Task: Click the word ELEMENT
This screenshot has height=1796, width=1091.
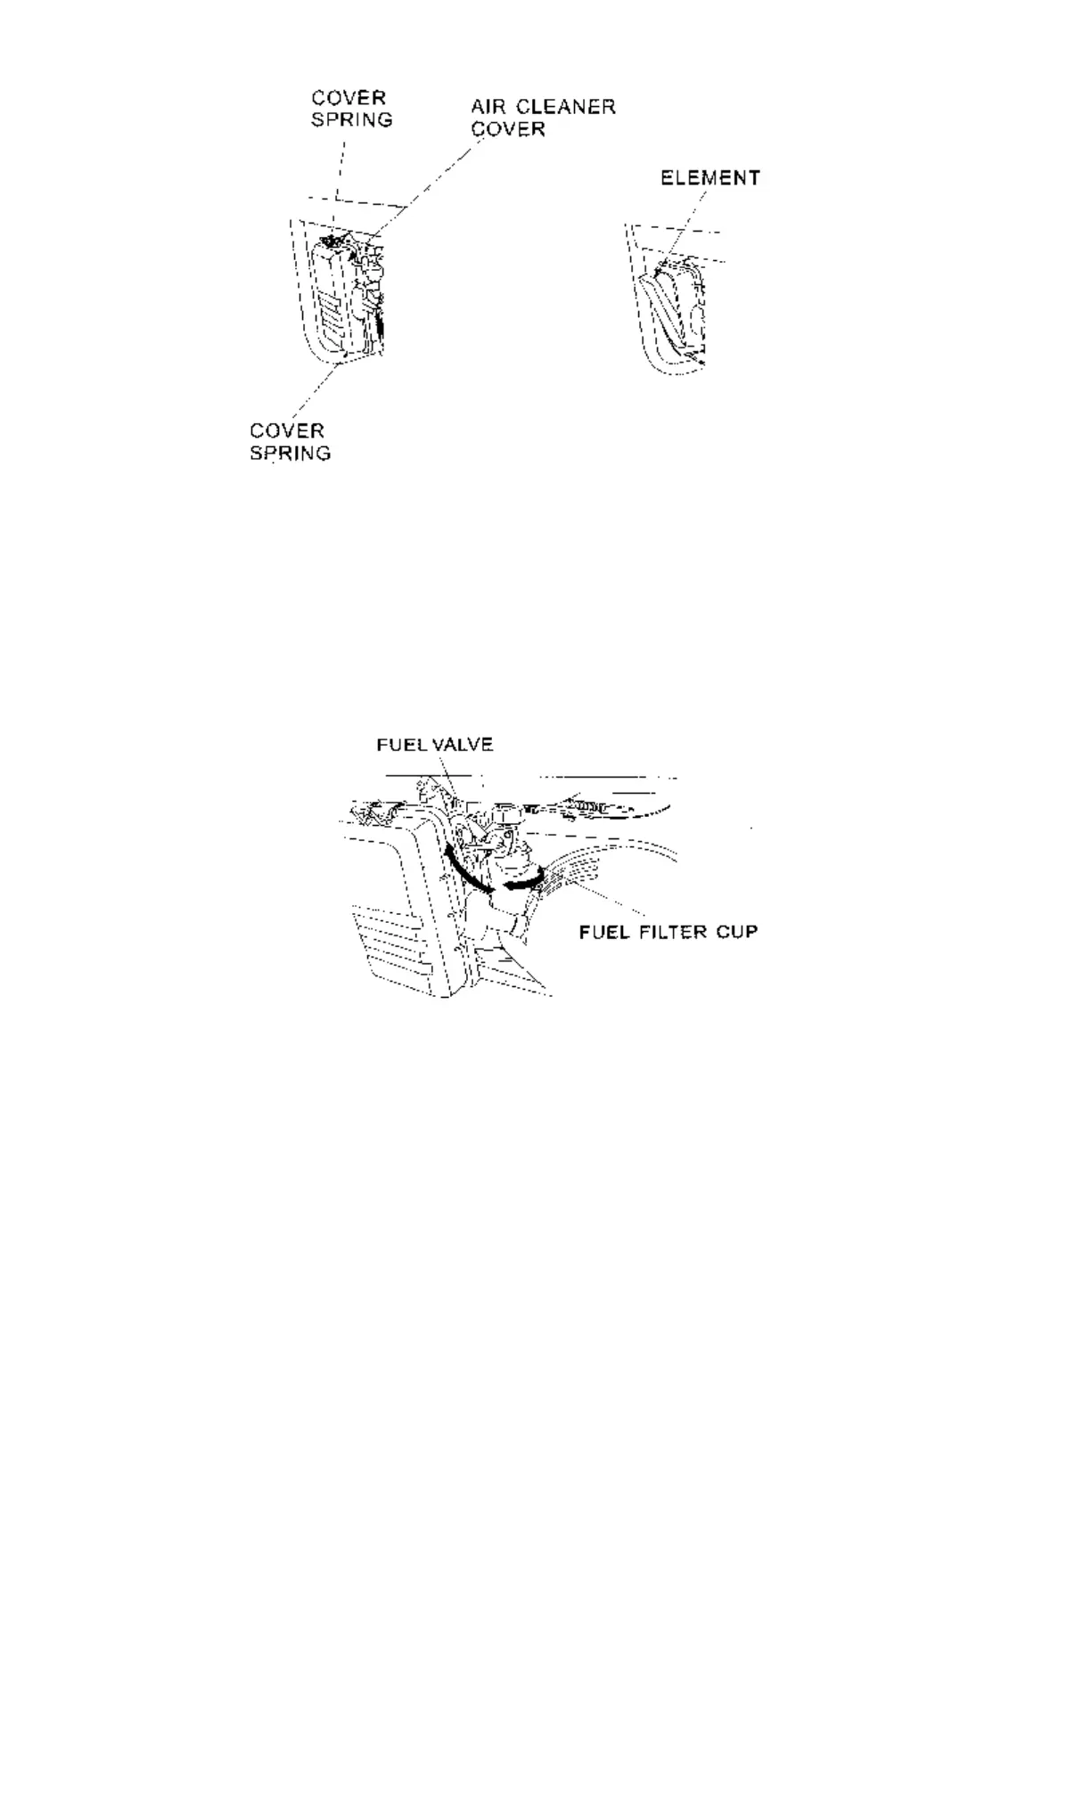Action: pyautogui.click(x=710, y=178)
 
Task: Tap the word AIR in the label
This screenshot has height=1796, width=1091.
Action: pyautogui.click(x=489, y=107)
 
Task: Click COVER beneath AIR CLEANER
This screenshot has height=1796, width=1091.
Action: pyautogui.click(x=507, y=129)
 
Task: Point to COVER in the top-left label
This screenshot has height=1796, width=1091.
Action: pyautogui.click(x=349, y=97)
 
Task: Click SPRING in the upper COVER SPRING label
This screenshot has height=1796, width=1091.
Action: pyautogui.click(x=351, y=119)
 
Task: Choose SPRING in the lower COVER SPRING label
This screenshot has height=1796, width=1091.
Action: pyautogui.click(x=290, y=453)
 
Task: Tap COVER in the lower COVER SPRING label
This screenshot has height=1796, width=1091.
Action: pyautogui.click(x=286, y=430)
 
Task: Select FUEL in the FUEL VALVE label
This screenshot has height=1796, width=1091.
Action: pyautogui.click(x=402, y=745)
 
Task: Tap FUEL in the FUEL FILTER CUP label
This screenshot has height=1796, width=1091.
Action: pyautogui.click(x=603, y=932)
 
